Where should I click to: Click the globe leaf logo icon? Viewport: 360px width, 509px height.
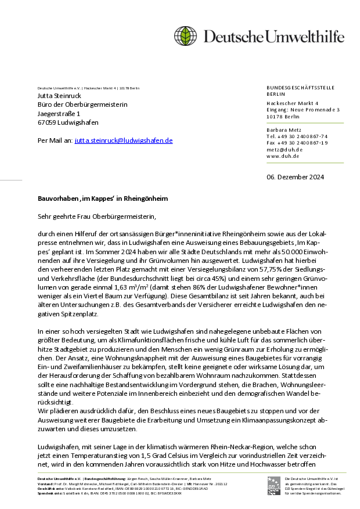tap(186, 36)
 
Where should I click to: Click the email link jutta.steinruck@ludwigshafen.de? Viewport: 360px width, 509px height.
tap(124, 140)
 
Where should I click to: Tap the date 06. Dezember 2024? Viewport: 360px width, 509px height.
tap(296, 177)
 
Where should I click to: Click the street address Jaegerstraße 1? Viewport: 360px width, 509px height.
tap(59, 114)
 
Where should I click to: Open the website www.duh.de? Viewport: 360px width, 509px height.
tap(283, 156)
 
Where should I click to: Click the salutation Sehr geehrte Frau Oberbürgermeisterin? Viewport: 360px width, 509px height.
tap(97, 216)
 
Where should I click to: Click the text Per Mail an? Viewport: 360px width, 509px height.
tap(55, 140)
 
